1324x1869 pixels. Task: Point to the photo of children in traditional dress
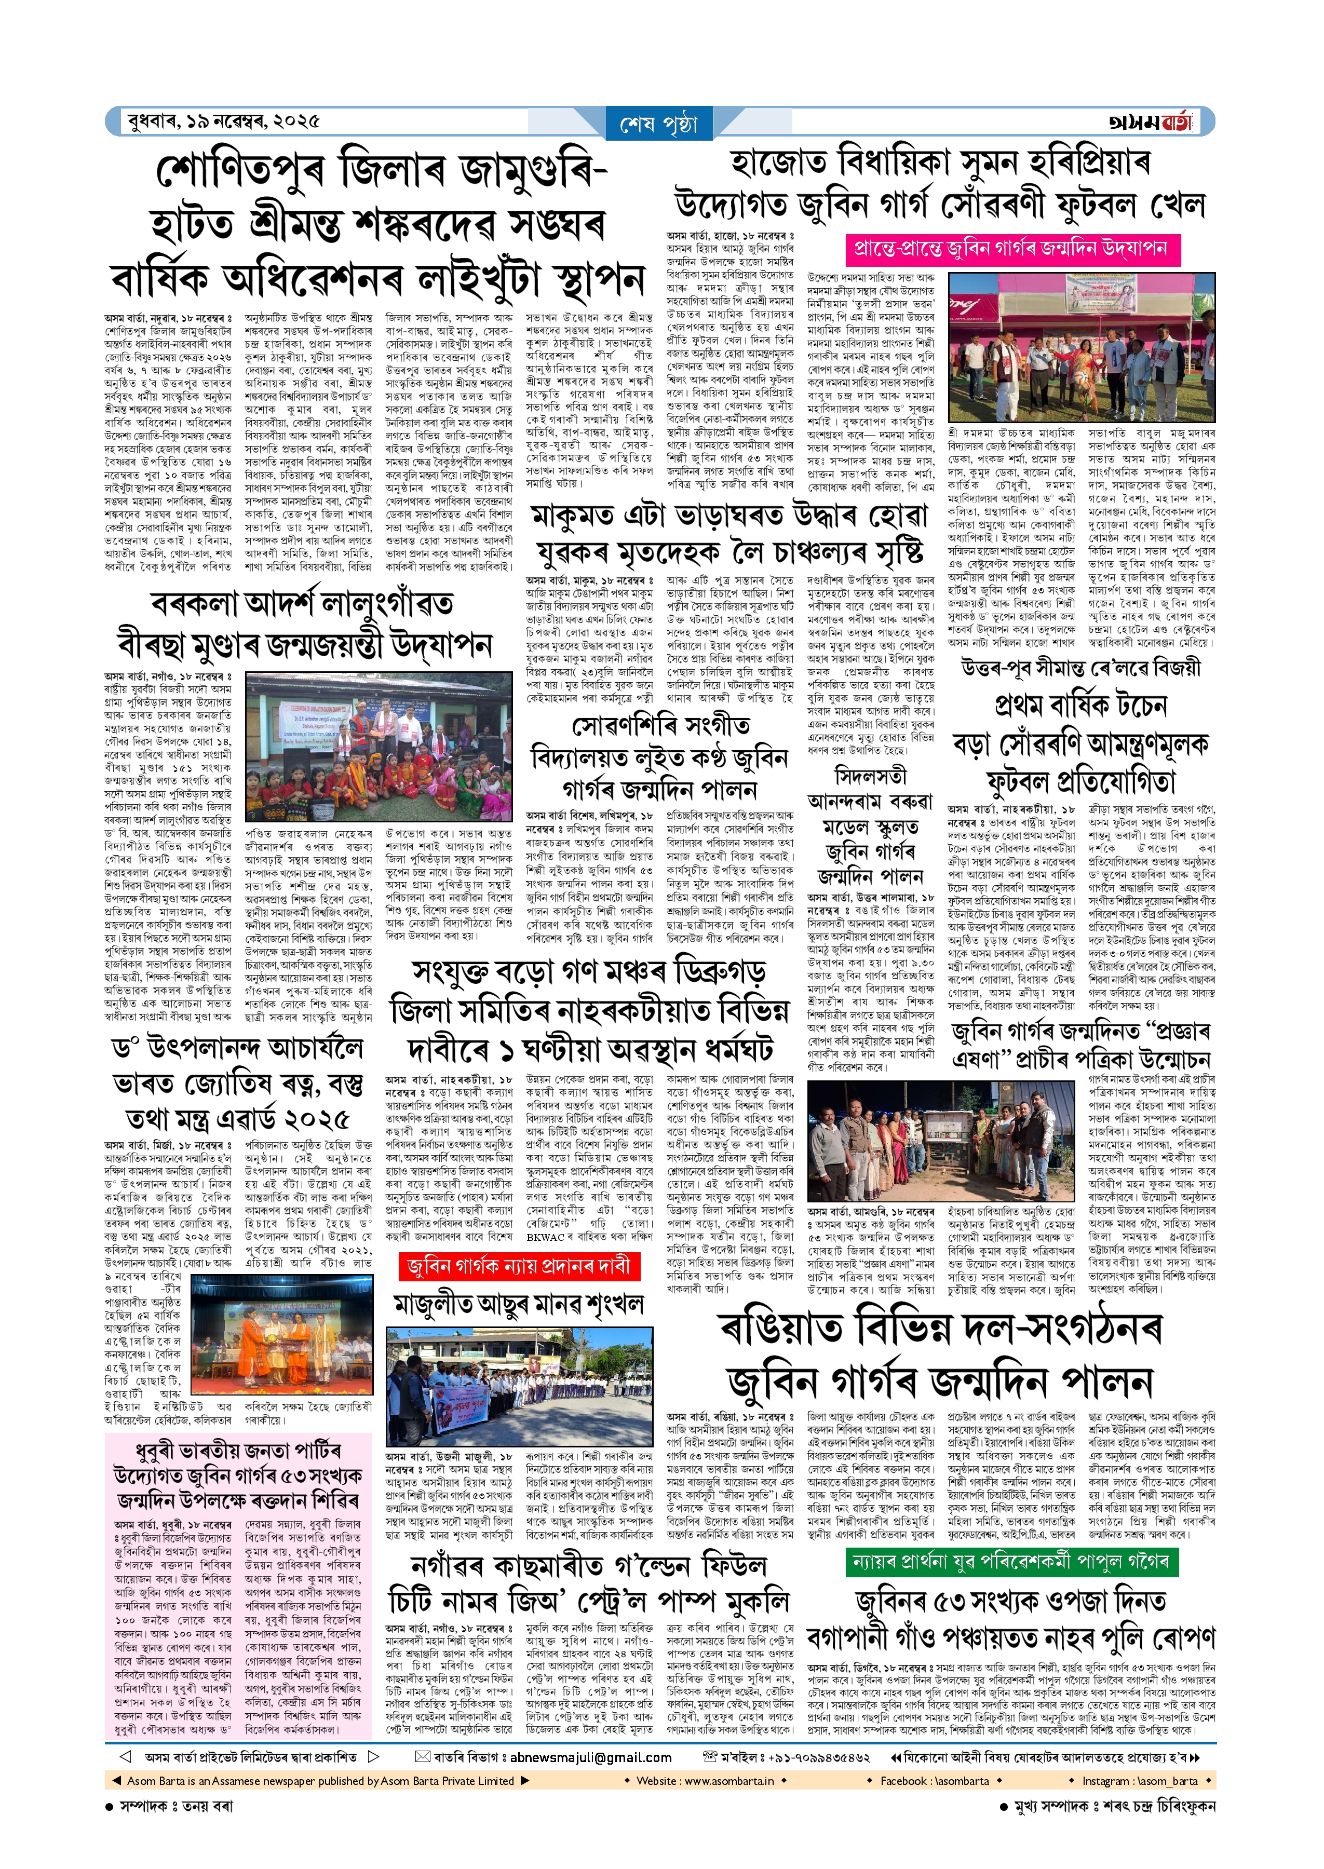(379, 746)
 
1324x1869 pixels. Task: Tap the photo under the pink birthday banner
(1083, 347)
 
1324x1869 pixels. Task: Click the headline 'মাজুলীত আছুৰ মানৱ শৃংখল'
(519, 1303)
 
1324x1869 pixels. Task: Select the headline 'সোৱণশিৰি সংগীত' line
(660, 725)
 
